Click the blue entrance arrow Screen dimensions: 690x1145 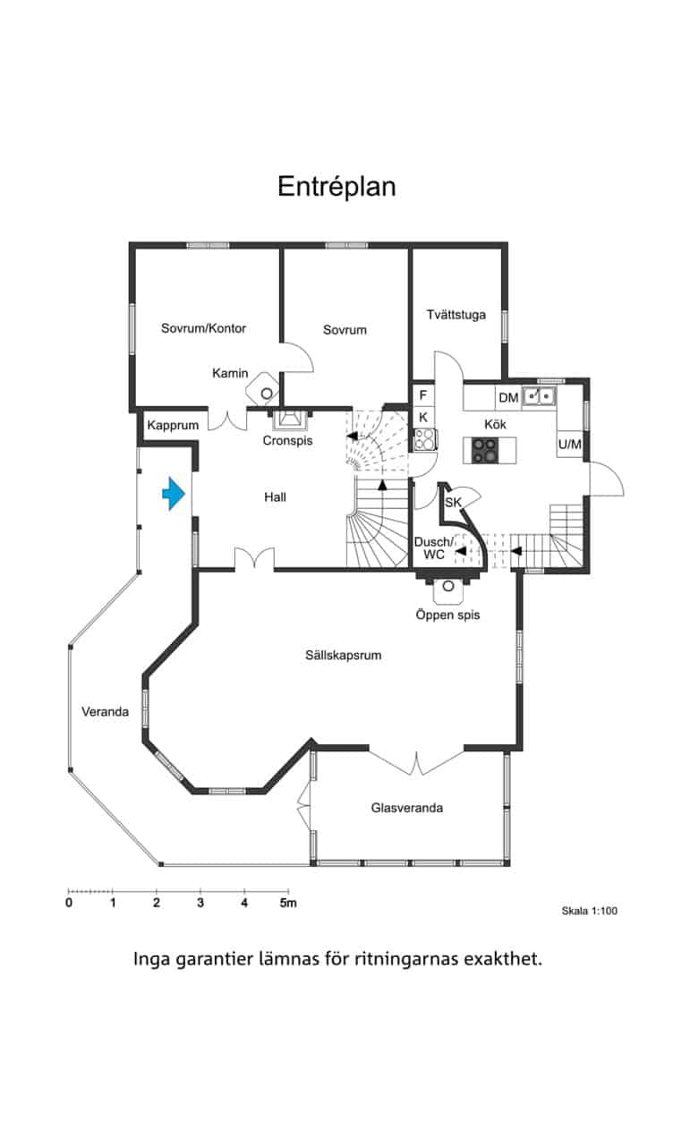pyautogui.click(x=174, y=494)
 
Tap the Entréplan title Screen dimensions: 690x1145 pyautogui.click(x=336, y=186)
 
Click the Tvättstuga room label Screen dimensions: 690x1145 pyautogui.click(x=456, y=314)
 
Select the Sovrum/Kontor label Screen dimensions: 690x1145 pyautogui.click(x=203, y=328)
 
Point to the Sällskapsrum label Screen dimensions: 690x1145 pyautogui.click(x=343, y=655)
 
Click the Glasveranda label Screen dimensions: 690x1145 pyautogui.click(x=407, y=808)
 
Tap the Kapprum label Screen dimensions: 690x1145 pyautogui.click(x=173, y=425)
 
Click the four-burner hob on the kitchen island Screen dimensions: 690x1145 pyautogui.click(x=484, y=450)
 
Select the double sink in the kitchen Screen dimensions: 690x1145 pyautogui.click(x=539, y=395)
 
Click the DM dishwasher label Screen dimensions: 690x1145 pyautogui.click(x=508, y=397)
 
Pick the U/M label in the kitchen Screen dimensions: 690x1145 pyautogui.click(x=570, y=445)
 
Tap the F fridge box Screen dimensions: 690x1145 pyautogui.click(x=423, y=395)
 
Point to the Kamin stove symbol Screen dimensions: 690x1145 pyautogui.click(x=263, y=389)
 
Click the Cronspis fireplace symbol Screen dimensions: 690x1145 pyautogui.click(x=289, y=420)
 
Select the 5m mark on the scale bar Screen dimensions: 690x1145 pyautogui.click(x=288, y=903)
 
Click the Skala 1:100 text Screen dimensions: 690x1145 pyautogui.click(x=589, y=911)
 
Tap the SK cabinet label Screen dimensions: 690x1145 pyautogui.click(x=453, y=503)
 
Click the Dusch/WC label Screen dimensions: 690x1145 pyautogui.click(x=434, y=548)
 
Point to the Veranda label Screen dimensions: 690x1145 pyautogui.click(x=105, y=711)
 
